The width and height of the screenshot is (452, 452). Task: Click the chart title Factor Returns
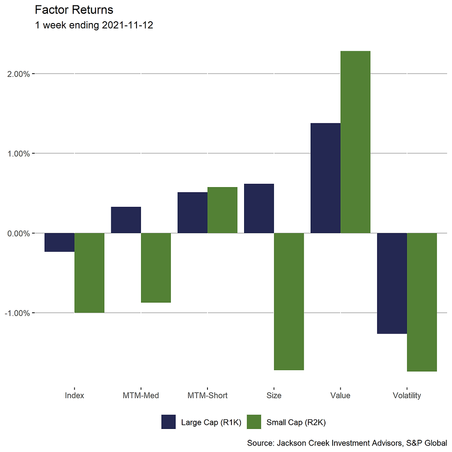[x=74, y=9]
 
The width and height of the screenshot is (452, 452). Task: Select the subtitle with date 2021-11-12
[x=94, y=25]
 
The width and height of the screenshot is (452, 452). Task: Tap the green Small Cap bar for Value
[x=355, y=142]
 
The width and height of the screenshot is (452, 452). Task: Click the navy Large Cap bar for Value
[x=325, y=178]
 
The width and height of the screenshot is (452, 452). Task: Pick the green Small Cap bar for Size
[x=289, y=301]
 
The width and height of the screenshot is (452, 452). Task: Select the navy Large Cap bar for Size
[x=259, y=208]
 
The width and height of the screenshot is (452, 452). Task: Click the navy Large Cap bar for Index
[x=59, y=242]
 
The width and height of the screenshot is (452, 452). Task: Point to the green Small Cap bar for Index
[x=89, y=273]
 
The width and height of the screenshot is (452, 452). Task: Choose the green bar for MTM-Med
[x=156, y=268]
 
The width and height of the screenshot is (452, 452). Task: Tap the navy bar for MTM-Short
[x=193, y=213]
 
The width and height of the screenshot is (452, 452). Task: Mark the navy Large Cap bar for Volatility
[x=392, y=283]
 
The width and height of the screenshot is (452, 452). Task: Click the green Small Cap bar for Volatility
[x=422, y=302]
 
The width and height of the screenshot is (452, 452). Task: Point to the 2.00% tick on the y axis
[x=18, y=74]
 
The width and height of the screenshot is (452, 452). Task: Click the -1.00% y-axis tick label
[x=17, y=313]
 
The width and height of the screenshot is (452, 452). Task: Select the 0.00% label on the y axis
[x=18, y=233]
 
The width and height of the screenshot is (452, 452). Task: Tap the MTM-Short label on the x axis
[x=207, y=395]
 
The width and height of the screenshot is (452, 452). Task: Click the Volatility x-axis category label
[x=407, y=395]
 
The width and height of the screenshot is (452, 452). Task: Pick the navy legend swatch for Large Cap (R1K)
[x=168, y=422]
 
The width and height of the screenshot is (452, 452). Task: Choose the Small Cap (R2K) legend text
[x=296, y=423]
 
